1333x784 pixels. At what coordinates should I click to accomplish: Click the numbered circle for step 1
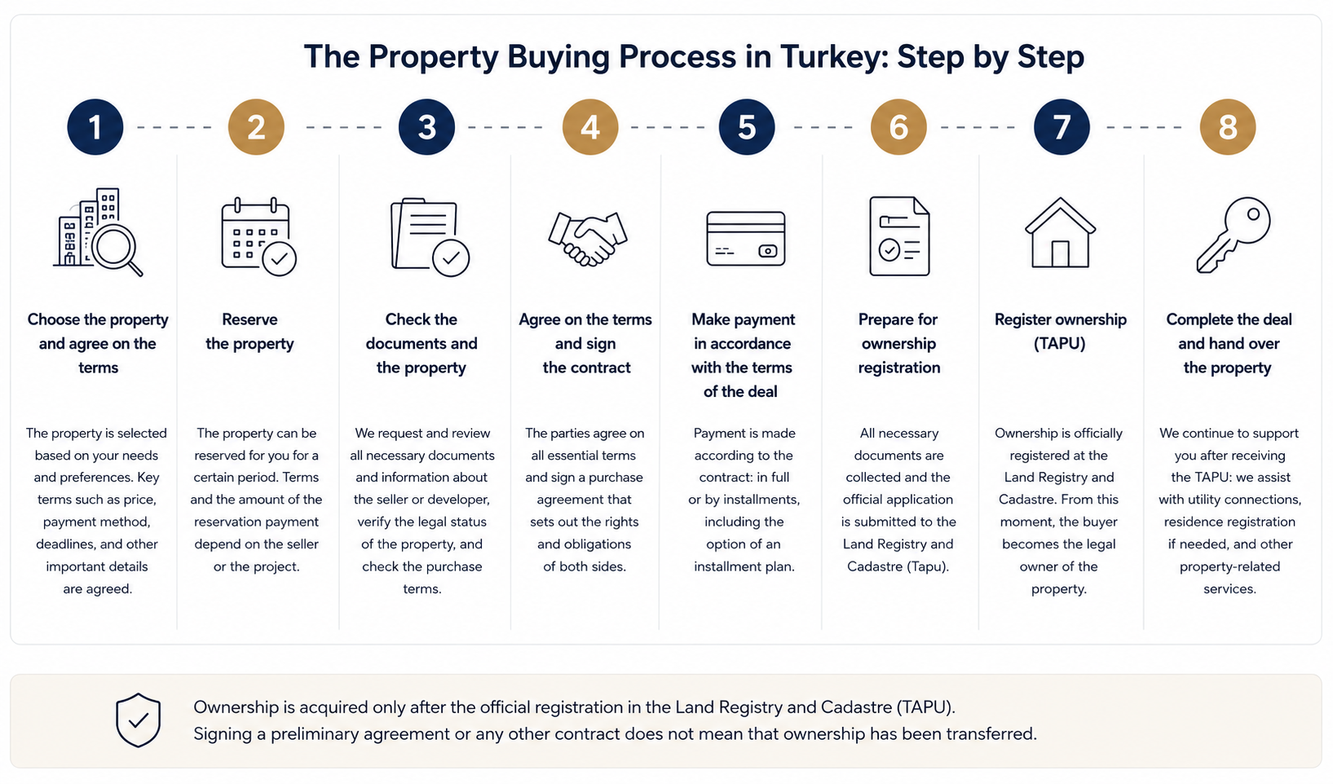pyautogui.click(x=95, y=126)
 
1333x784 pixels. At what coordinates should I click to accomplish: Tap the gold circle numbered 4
pyautogui.click(x=590, y=126)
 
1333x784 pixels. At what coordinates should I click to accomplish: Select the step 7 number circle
pyautogui.click(x=1062, y=126)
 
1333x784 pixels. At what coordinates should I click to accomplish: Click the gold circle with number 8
pyautogui.click(x=1228, y=126)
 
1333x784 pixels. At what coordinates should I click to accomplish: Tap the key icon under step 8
pyautogui.click(x=1233, y=235)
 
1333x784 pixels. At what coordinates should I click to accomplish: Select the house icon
pyautogui.click(x=1060, y=232)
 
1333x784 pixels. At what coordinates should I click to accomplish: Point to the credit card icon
pyautogui.click(x=746, y=239)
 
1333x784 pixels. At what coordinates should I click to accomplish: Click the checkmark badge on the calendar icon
pyautogui.click(x=279, y=259)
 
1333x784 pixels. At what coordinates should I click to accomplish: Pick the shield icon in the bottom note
pyautogui.click(x=138, y=720)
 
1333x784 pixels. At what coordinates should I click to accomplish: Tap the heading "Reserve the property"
pyautogui.click(x=250, y=332)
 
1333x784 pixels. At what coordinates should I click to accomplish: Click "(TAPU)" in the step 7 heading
pyautogui.click(x=1059, y=344)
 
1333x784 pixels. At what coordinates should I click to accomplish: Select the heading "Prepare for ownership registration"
pyautogui.click(x=898, y=343)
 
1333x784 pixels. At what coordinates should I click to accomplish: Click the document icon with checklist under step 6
pyautogui.click(x=899, y=236)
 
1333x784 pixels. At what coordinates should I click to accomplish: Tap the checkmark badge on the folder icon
pyautogui.click(x=451, y=258)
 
